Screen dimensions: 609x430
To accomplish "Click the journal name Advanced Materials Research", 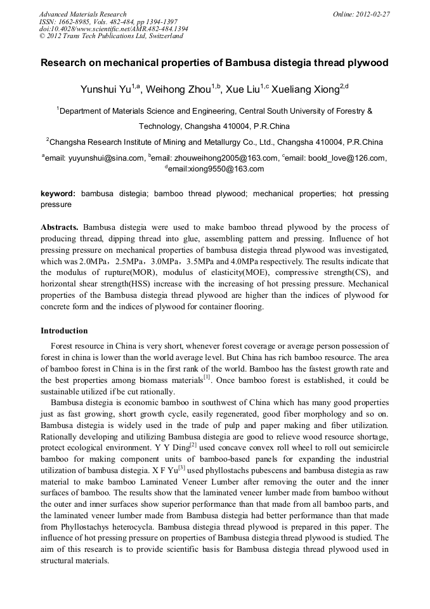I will pyautogui.click(x=82, y=14).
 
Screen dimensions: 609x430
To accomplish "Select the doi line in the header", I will pyautogui.click(x=114, y=29).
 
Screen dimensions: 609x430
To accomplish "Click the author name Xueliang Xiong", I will pyautogui.click(x=305, y=90).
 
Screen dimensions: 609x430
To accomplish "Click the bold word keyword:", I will pyautogui.click(x=58, y=194).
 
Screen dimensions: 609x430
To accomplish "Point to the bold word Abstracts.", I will pyautogui.click(x=60, y=227).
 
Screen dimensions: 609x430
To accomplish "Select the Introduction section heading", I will pyautogui.click(x=64, y=331).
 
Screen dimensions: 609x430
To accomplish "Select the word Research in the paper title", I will pyautogui.click(x=67, y=64).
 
